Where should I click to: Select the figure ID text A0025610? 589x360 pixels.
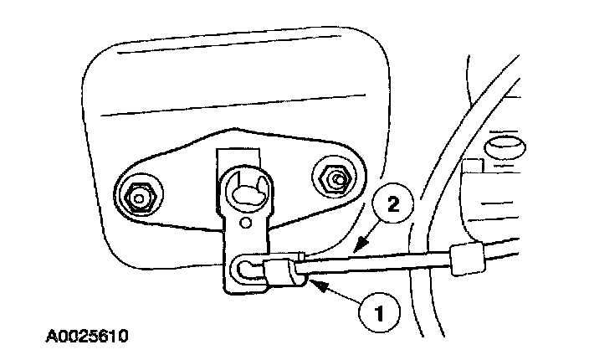point(88,339)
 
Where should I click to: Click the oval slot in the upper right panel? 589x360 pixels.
point(504,147)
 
